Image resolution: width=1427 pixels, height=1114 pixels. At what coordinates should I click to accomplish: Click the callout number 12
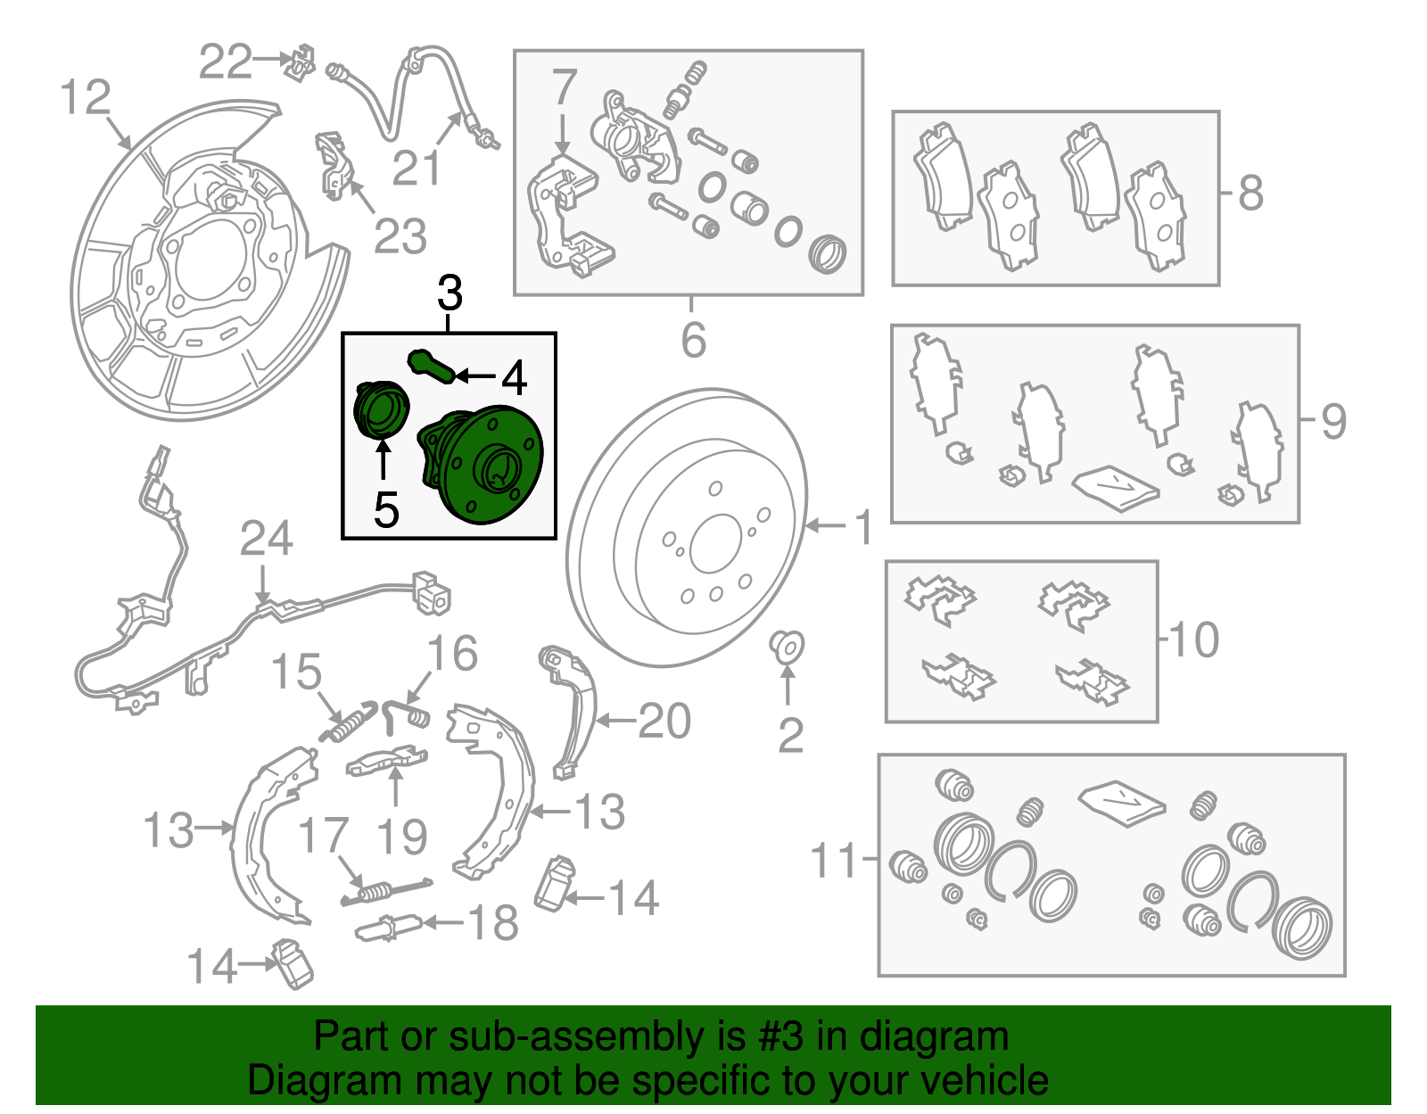click(x=86, y=97)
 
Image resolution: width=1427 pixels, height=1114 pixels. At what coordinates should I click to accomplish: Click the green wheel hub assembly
click(x=482, y=466)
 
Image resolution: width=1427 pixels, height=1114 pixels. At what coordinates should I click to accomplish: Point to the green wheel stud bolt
click(x=431, y=366)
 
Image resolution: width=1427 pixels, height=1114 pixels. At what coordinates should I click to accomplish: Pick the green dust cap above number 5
click(x=380, y=409)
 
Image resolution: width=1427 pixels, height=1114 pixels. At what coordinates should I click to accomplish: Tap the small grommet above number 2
click(x=787, y=647)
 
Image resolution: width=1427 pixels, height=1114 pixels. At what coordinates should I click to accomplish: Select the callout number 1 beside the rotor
click(x=863, y=526)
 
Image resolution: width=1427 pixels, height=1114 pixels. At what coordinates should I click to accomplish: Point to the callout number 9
click(x=1333, y=421)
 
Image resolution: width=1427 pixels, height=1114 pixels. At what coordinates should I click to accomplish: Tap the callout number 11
click(x=833, y=859)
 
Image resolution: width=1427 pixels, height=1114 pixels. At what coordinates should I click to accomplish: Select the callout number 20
click(x=664, y=721)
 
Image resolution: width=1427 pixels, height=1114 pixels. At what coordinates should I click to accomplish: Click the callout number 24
click(x=266, y=539)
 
